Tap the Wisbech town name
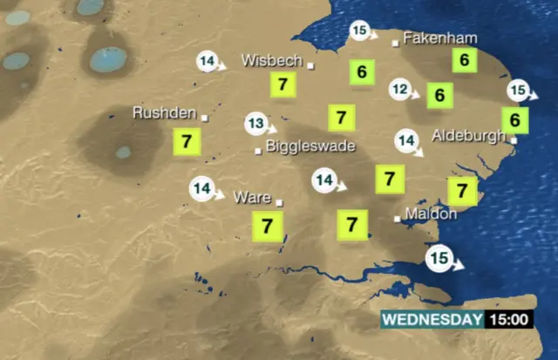coord(272,62)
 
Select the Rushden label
coord(164,112)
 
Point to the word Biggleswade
coord(310,146)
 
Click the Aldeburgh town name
coord(469,137)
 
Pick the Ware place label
coord(253,197)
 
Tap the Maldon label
coord(431,214)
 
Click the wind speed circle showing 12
coord(400,89)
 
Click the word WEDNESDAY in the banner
coord(432,319)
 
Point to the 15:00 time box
coord(508,319)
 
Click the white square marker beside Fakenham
coord(395,41)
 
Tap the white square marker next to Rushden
coord(205,117)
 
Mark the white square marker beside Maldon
coord(398,218)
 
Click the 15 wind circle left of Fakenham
coord(363,32)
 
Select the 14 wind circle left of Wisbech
coord(208,62)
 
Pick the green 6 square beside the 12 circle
coord(440,94)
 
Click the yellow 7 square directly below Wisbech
coord(282,85)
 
